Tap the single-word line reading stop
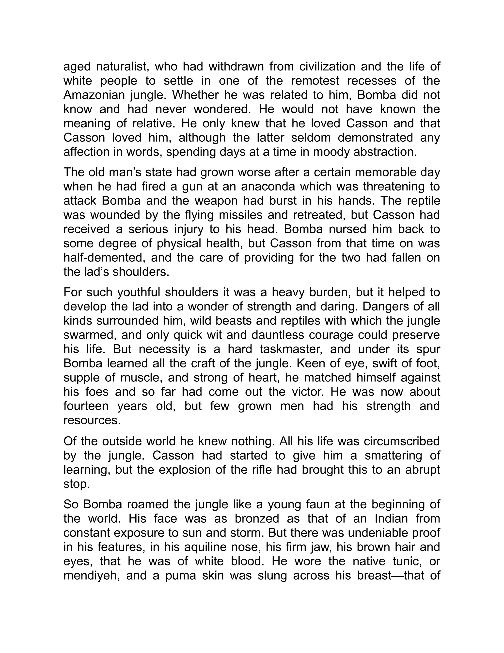[x=77, y=484]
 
